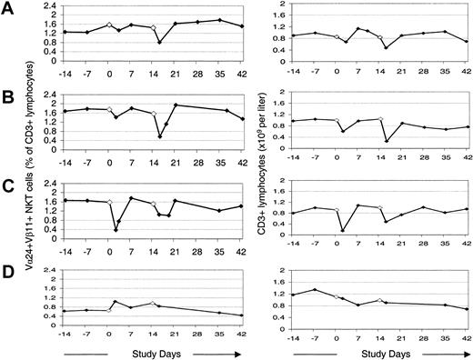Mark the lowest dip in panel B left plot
[160, 136]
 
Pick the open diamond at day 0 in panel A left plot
[109, 25]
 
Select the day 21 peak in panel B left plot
[176, 105]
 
